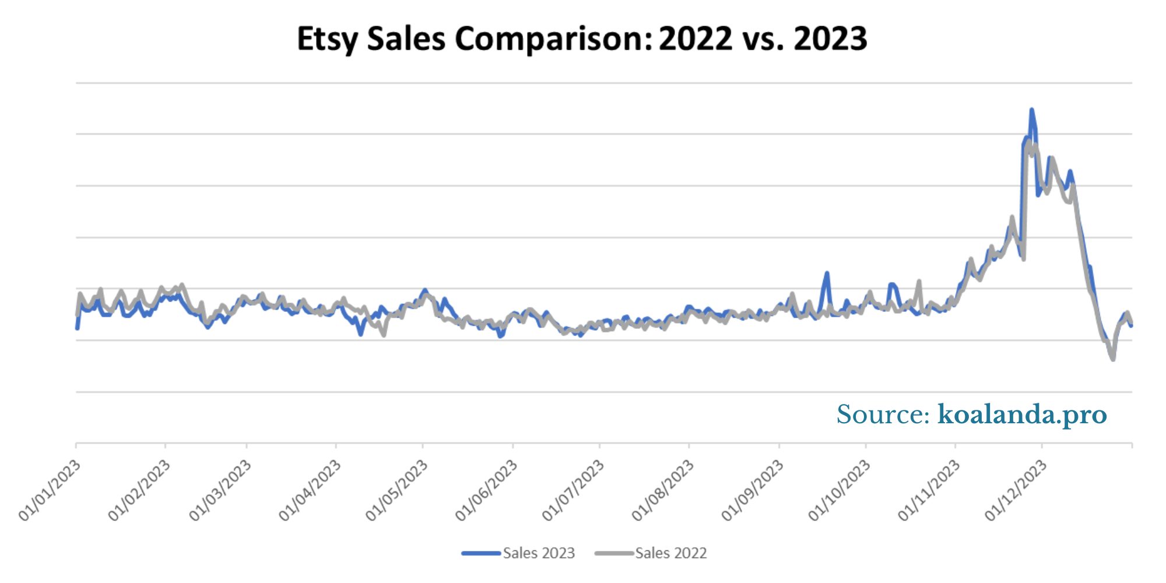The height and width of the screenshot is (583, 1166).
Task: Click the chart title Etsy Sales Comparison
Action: point(582,39)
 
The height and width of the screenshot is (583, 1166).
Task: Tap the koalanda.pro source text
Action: point(1021,415)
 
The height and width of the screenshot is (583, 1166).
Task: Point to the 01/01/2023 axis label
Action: point(50,490)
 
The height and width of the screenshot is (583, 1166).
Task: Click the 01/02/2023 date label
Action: point(139,490)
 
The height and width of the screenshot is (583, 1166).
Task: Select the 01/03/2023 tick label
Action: point(220,490)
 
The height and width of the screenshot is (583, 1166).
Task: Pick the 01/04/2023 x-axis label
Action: point(310,490)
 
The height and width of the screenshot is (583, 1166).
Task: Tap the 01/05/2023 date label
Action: point(396,490)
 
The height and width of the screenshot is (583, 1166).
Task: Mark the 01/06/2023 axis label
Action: point(486,490)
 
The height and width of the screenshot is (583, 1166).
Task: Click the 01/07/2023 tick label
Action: point(573,490)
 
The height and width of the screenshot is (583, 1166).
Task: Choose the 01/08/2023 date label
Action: point(662,490)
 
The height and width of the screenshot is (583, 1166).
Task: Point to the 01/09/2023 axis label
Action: point(752,490)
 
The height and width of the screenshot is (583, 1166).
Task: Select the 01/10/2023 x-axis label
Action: point(839,490)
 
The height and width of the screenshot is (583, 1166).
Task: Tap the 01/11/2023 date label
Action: point(929,490)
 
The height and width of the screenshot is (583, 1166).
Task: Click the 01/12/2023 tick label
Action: point(1016,490)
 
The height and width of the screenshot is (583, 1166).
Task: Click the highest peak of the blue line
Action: point(1031,110)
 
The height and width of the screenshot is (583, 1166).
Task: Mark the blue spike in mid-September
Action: point(827,273)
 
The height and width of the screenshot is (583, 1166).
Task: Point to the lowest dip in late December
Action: point(1112,359)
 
